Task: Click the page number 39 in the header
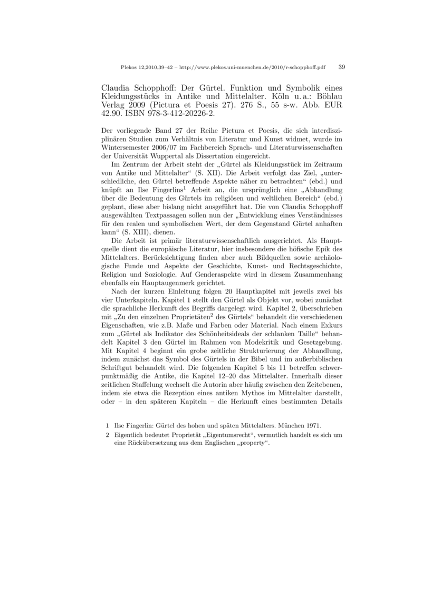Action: pyautogui.click(x=341, y=67)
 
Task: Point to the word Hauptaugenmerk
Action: pyautogui.click(x=169, y=282)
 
